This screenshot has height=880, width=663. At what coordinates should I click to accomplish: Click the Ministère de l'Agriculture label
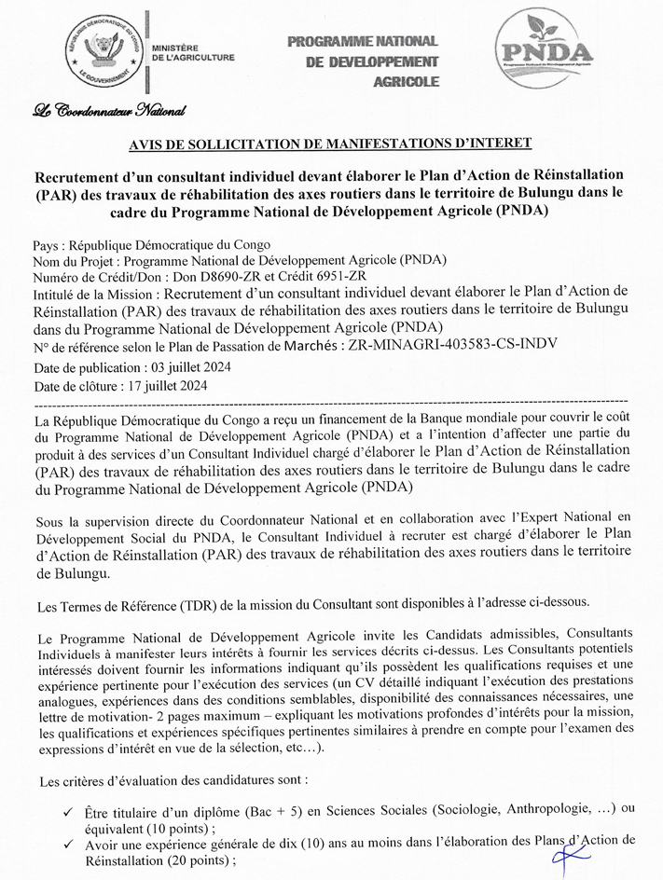click(x=192, y=51)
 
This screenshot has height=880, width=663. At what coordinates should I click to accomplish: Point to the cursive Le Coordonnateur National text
click(x=108, y=113)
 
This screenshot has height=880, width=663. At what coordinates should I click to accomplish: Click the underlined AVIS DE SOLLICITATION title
click(x=330, y=143)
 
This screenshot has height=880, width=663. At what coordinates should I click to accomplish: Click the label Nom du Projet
click(x=74, y=259)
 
